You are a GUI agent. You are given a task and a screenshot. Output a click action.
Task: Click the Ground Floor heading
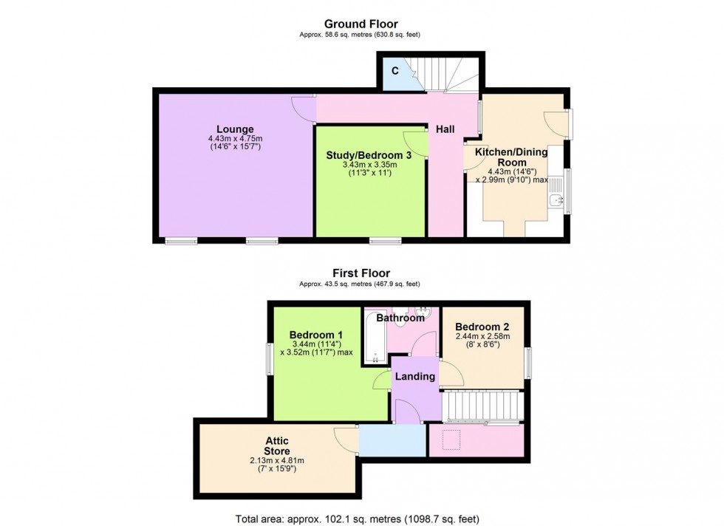[x=361, y=24]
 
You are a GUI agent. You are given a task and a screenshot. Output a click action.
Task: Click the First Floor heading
[x=361, y=273]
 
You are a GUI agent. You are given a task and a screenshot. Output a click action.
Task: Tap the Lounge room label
[x=235, y=129]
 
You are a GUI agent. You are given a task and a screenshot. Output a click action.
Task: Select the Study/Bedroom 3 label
[x=369, y=154]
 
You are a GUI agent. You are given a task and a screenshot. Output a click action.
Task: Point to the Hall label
[x=445, y=129]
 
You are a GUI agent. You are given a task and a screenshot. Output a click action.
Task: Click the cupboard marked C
[x=395, y=72]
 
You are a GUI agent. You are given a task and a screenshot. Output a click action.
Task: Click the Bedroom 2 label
[x=482, y=327]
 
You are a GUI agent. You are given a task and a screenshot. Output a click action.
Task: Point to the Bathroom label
[x=400, y=318]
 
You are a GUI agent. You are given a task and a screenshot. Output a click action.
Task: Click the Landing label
[x=414, y=377]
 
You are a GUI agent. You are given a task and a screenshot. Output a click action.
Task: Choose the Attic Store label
[x=278, y=446]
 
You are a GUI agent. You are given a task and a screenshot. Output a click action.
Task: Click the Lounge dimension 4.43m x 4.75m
[x=235, y=138]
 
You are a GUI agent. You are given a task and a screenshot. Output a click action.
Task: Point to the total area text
[x=361, y=518]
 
